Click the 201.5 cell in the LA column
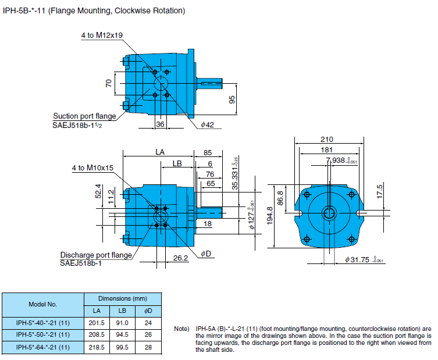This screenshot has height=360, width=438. pyautogui.click(x=97, y=323)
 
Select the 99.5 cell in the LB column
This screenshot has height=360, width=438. pyautogui.click(x=122, y=347)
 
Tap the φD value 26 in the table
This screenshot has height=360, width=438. pyautogui.click(x=148, y=334)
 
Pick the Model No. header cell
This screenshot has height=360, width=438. pyautogui.click(x=42, y=304)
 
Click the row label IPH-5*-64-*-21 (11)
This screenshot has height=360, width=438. pyautogui.click(x=42, y=347)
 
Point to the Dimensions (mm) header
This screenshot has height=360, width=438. pyautogui.click(x=123, y=298)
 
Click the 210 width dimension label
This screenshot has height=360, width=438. pyautogui.click(x=326, y=139)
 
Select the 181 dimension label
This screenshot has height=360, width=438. pyautogui.click(x=326, y=149)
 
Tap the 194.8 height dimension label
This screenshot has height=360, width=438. pyautogui.click(x=270, y=216)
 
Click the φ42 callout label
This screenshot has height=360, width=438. pyautogui.click(x=207, y=124)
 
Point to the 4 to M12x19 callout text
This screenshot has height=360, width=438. pyautogui.click(x=102, y=35)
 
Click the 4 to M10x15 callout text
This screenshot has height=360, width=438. pyautogui.click(x=92, y=168)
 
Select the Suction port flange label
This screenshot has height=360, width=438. pyautogui.click(x=85, y=116)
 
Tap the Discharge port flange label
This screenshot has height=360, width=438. pyautogui.click(x=96, y=255)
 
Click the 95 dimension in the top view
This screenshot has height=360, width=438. pyautogui.click(x=232, y=99)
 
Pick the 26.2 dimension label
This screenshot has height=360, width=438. pyautogui.click(x=180, y=258)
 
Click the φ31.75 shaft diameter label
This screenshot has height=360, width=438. pyautogui.click(x=364, y=260)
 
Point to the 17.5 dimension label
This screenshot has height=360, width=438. pyautogui.click(x=380, y=191)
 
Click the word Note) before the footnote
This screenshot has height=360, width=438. pyautogui.click(x=181, y=329)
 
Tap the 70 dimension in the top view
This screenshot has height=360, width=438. pyautogui.click(x=108, y=83)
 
